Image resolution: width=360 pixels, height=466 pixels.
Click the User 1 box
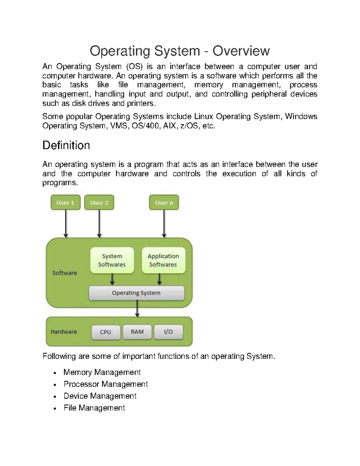(x=65, y=203)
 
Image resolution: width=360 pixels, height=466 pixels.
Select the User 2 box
(x=99, y=203)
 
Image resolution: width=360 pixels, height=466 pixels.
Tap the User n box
(x=164, y=203)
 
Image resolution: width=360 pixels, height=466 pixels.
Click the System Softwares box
(x=112, y=260)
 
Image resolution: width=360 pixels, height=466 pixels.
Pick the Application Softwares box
(x=163, y=260)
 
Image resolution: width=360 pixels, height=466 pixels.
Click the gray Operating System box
(x=136, y=293)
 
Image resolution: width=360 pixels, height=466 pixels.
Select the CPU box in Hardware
(x=106, y=332)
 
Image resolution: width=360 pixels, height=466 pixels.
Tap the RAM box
(x=137, y=332)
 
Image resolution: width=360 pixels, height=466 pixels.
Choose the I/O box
(x=168, y=332)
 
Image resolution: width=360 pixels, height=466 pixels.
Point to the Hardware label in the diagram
(x=64, y=332)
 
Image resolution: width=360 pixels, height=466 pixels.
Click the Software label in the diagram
(x=64, y=273)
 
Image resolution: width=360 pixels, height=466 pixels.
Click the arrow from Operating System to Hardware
(x=137, y=308)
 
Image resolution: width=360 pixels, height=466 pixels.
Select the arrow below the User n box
(x=164, y=224)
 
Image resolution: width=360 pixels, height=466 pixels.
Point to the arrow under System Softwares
(x=112, y=279)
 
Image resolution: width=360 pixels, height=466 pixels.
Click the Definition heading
(x=66, y=146)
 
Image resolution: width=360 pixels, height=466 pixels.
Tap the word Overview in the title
(x=241, y=51)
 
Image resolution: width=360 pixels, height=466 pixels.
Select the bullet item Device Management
(x=100, y=396)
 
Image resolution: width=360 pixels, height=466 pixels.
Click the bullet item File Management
(x=94, y=408)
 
